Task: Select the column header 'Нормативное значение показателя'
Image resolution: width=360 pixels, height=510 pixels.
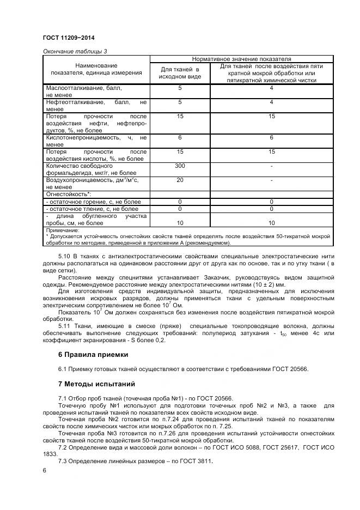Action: (x=241, y=58)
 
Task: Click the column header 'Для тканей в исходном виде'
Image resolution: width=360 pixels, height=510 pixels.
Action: (x=180, y=73)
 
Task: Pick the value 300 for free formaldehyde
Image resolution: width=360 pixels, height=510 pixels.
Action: (x=180, y=165)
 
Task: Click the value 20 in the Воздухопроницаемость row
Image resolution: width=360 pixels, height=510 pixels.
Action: (x=180, y=179)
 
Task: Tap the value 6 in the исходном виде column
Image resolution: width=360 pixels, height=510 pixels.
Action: (x=180, y=138)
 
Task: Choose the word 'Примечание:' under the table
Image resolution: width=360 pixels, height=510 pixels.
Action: (x=63, y=230)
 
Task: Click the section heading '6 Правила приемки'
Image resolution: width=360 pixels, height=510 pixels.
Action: (x=93, y=355)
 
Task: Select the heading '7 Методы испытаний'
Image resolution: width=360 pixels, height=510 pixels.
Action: (x=97, y=384)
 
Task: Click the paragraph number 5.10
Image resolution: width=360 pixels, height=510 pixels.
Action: (x=65, y=256)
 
